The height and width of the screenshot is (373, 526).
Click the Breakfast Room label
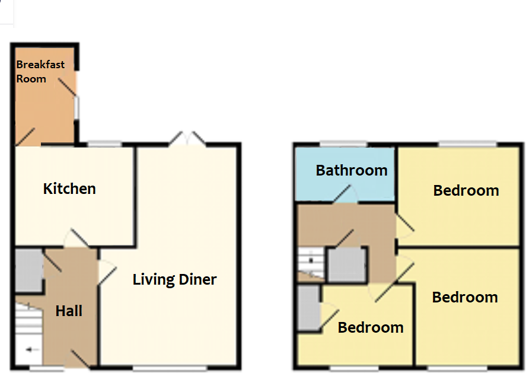pyautogui.click(x=40, y=71)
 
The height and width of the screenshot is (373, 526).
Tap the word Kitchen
pyautogui.click(x=69, y=189)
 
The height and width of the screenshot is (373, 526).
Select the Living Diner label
pyautogui.click(x=174, y=279)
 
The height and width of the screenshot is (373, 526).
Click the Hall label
pyautogui.click(x=69, y=311)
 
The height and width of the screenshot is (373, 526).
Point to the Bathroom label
pyautogui.click(x=352, y=171)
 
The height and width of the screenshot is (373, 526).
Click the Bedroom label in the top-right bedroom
pyautogui.click(x=466, y=191)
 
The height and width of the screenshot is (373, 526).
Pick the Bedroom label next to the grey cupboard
pyautogui.click(x=371, y=327)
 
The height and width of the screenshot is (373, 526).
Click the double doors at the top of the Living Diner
pyautogui.click(x=187, y=140)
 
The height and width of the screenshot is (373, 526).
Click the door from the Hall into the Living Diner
pyautogui.click(x=106, y=273)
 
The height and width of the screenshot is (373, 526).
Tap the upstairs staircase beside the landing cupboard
pyautogui.click(x=308, y=261)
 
